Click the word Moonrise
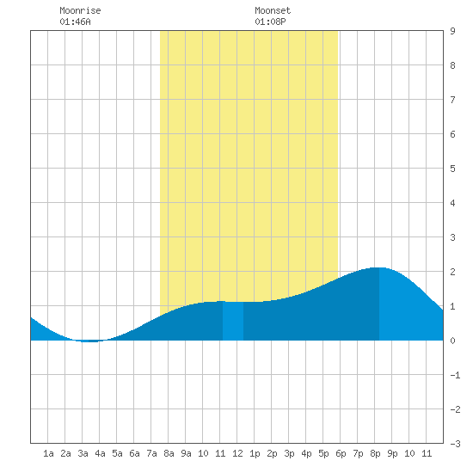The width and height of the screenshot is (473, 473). pyautogui.click(x=80, y=10)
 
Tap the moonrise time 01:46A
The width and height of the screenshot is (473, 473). pyautogui.click(x=75, y=21)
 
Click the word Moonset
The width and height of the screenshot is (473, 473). pyautogui.click(x=273, y=10)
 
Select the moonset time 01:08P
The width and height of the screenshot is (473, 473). pyautogui.click(x=270, y=21)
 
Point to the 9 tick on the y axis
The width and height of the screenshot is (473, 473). pyautogui.click(x=452, y=31)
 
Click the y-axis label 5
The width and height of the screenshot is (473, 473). pyautogui.click(x=452, y=169)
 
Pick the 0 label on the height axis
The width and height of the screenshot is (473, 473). pyautogui.click(x=452, y=341)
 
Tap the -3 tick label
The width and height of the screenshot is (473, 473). pyautogui.click(x=455, y=444)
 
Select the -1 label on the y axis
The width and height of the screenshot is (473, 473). pyautogui.click(x=455, y=375)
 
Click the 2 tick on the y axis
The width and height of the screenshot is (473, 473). pyautogui.click(x=452, y=272)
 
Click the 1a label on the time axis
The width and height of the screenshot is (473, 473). pyautogui.click(x=48, y=453)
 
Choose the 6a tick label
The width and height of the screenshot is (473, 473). pyautogui.click(x=134, y=453)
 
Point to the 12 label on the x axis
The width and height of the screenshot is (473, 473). pyautogui.click(x=237, y=453)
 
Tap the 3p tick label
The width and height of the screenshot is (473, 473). pyautogui.click(x=289, y=453)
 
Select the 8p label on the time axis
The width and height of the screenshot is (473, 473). pyautogui.click(x=375, y=453)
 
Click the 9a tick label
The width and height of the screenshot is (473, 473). pyautogui.click(x=186, y=453)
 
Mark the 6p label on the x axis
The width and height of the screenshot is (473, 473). pyautogui.click(x=341, y=453)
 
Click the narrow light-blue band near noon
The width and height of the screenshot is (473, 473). pyautogui.click(x=233, y=321)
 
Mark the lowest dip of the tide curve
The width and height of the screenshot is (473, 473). pyautogui.click(x=90, y=341)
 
